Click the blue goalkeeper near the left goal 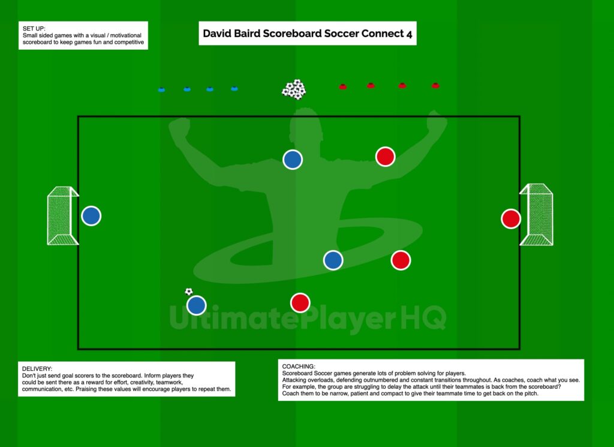91,216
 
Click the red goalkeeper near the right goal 511,218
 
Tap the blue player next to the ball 196,305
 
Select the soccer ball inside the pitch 189,292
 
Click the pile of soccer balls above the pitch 294,89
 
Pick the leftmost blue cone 161,90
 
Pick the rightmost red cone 435,86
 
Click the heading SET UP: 34,29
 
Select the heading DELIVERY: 38,368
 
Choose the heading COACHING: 299,366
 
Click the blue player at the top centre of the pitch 293,160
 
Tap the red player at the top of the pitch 385,157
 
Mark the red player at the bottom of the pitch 300,302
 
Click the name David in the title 218,34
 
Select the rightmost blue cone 234,89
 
